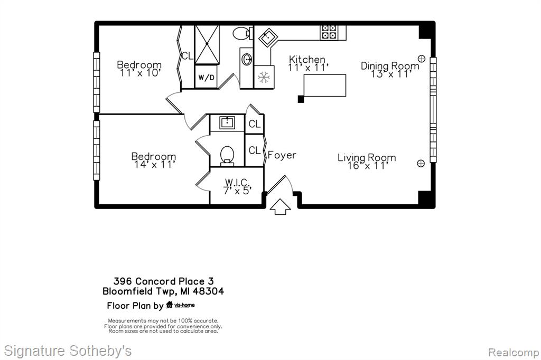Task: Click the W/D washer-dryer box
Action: click(207, 77)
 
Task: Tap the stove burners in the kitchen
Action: click(329, 32)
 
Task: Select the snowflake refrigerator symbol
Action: click(264, 77)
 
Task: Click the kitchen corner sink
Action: click(267, 37)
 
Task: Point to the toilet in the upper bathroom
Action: click(243, 33)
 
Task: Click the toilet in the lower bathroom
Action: click(227, 156)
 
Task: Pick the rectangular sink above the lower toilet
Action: click(227, 122)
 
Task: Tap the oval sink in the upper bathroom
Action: click(247, 59)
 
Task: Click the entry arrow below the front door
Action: click(280, 206)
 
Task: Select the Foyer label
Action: click(282, 155)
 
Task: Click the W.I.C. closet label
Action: click(237, 182)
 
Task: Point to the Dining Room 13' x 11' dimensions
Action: click(391, 74)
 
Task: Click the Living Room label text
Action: click(367, 158)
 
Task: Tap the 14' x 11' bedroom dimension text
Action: click(155, 165)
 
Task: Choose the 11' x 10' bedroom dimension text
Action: click(140, 73)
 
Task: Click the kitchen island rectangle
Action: click(325, 85)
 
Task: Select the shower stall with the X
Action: click(207, 44)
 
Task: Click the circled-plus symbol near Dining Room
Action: click(422, 58)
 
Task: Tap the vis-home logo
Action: click(181, 305)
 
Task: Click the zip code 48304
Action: click(208, 291)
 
